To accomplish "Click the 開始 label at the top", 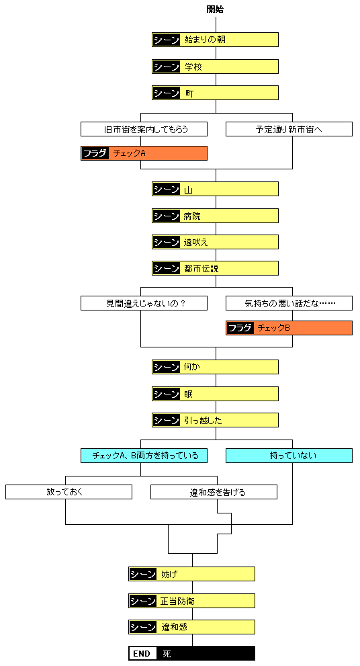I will point(215,9).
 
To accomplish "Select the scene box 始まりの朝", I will point(215,40).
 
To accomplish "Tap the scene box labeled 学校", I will point(215,67).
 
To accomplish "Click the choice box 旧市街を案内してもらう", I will point(144,128).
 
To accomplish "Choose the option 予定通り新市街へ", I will point(289,128).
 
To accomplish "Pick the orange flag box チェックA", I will point(144,153).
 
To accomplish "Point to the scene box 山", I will point(215,190).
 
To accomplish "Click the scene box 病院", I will point(215,216).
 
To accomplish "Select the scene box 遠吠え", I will point(215,242).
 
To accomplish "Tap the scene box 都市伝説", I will point(215,268).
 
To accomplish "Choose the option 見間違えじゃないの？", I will point(144,303).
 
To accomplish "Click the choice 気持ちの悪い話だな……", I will point(289,303).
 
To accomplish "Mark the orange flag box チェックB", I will point(289,328).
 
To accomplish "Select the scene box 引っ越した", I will point(215,420).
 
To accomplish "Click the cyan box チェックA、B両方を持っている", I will point(144,456).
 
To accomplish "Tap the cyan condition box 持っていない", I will point(289,456).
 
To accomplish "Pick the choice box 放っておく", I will point(69,492).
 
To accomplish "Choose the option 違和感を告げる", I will point(214,492).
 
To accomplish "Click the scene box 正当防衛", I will point(191,600).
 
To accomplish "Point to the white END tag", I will point(142,653).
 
